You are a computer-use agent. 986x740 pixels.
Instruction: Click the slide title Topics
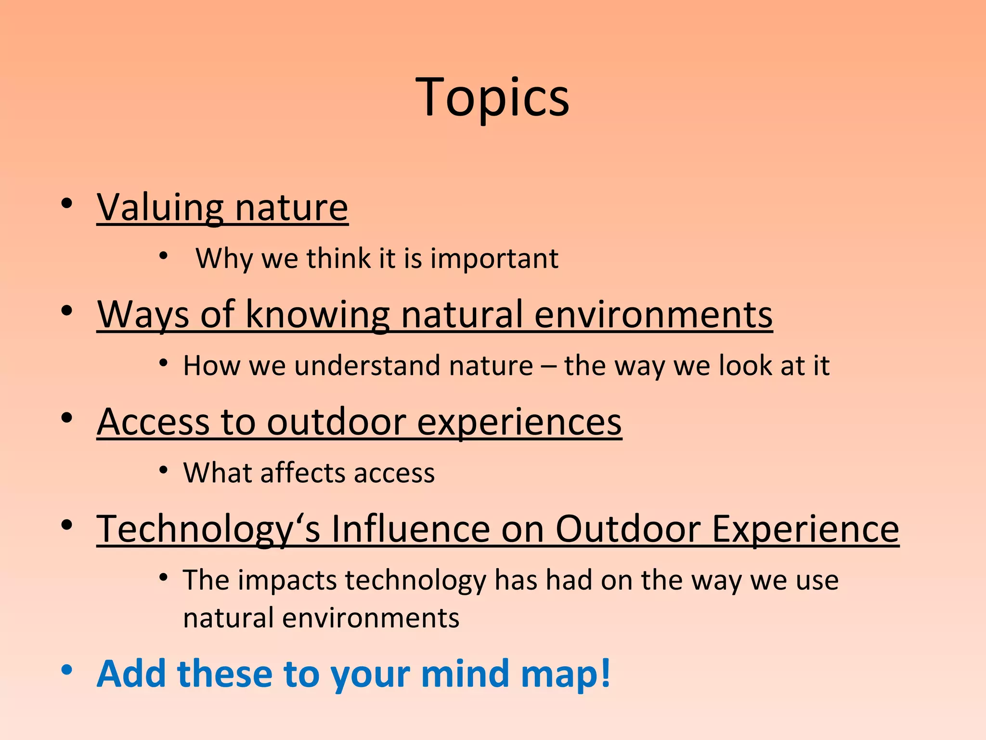(x=493, y=98)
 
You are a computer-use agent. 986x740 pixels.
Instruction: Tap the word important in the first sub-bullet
(x=494, y=259)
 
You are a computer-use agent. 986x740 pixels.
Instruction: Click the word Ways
(x=143, y=315)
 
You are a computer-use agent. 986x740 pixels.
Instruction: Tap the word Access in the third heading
(x=153, y=422)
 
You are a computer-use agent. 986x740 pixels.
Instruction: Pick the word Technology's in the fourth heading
(x=208, y=529)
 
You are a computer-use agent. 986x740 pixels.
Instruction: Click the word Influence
(x=410, y=529)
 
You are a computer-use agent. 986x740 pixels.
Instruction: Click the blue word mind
(x=465, y=674)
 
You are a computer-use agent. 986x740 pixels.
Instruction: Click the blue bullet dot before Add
(x=66, y=670)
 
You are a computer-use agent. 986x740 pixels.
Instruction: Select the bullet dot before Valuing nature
(x=66, y=204)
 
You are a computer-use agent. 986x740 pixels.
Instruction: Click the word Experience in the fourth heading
(x=805, y=529)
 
